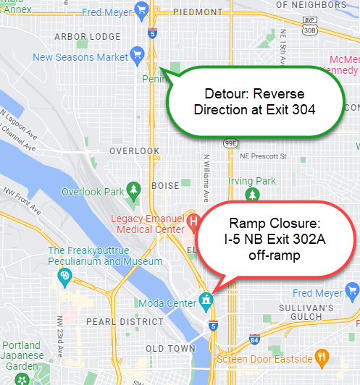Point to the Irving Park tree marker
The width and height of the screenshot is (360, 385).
pyautogui.click(x=251, y=194)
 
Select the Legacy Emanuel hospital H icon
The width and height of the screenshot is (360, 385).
pyautogui.click(x=193, y=220)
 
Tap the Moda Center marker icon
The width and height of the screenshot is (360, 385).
pyautogui.click(x=206, y=298)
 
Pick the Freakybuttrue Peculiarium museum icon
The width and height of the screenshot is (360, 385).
pyautogui.click(x=64, y=276)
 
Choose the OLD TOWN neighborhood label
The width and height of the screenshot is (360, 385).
pyautogui.click(x=171, y=348)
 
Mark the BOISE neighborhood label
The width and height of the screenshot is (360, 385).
pyautogui.click(x=164, y=186)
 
